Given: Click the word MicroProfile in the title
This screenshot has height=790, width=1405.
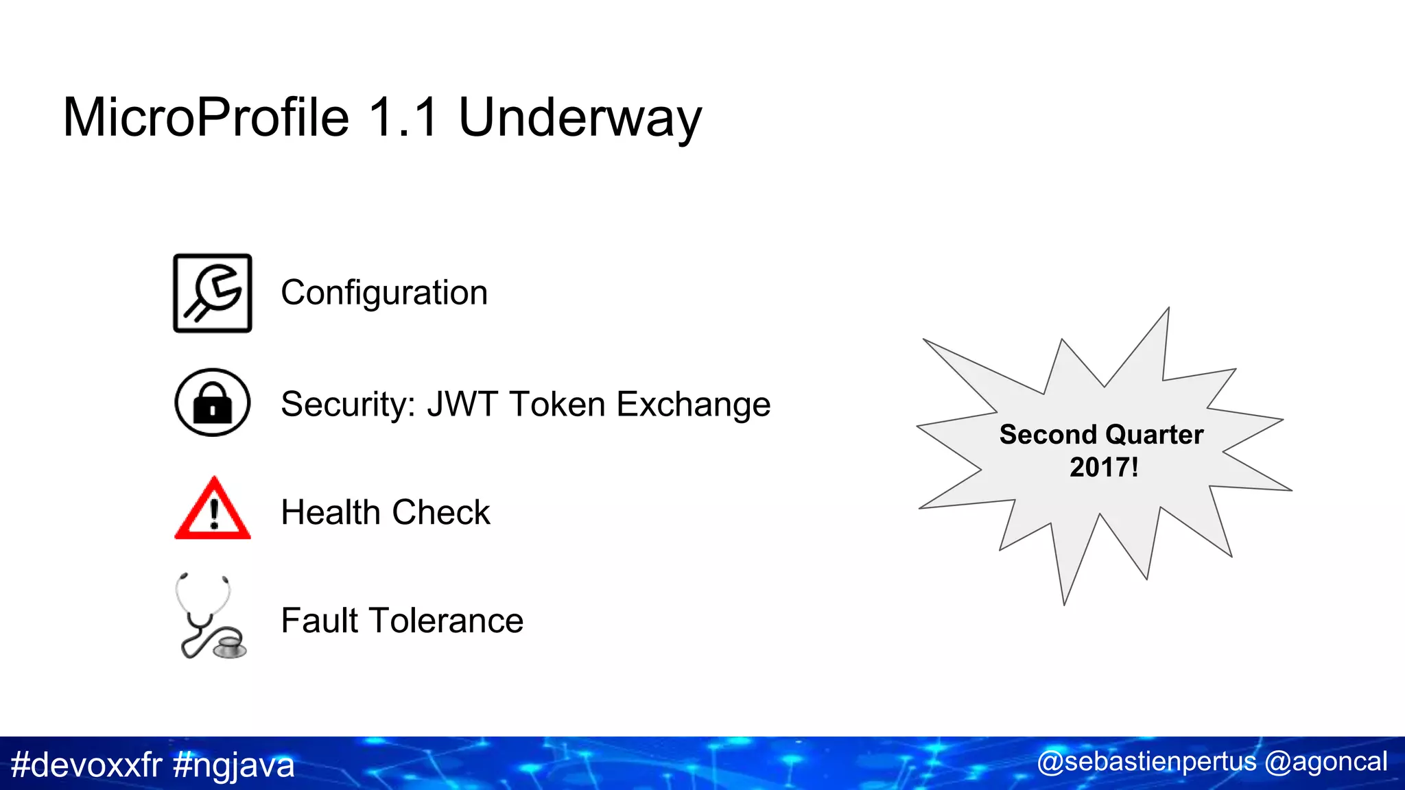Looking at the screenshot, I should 206,118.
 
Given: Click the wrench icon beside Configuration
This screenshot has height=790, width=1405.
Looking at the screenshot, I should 213,294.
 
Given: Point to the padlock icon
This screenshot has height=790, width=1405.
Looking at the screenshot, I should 213,403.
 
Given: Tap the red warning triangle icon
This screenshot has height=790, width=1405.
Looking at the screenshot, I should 213,510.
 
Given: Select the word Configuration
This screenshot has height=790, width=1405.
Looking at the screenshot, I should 384,294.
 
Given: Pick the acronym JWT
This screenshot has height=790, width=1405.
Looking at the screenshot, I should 462,404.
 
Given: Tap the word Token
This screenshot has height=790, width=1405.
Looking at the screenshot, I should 557,404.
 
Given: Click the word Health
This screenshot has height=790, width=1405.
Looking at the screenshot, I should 330,512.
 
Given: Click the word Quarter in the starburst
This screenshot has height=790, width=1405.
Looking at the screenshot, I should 1154,435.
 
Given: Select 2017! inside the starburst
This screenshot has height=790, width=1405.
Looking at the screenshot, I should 1104,468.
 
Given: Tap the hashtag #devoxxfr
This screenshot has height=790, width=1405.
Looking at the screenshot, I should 86,765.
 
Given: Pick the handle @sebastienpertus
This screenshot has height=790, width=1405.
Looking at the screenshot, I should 1146,762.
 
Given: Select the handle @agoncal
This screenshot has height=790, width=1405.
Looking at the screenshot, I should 1325,762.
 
